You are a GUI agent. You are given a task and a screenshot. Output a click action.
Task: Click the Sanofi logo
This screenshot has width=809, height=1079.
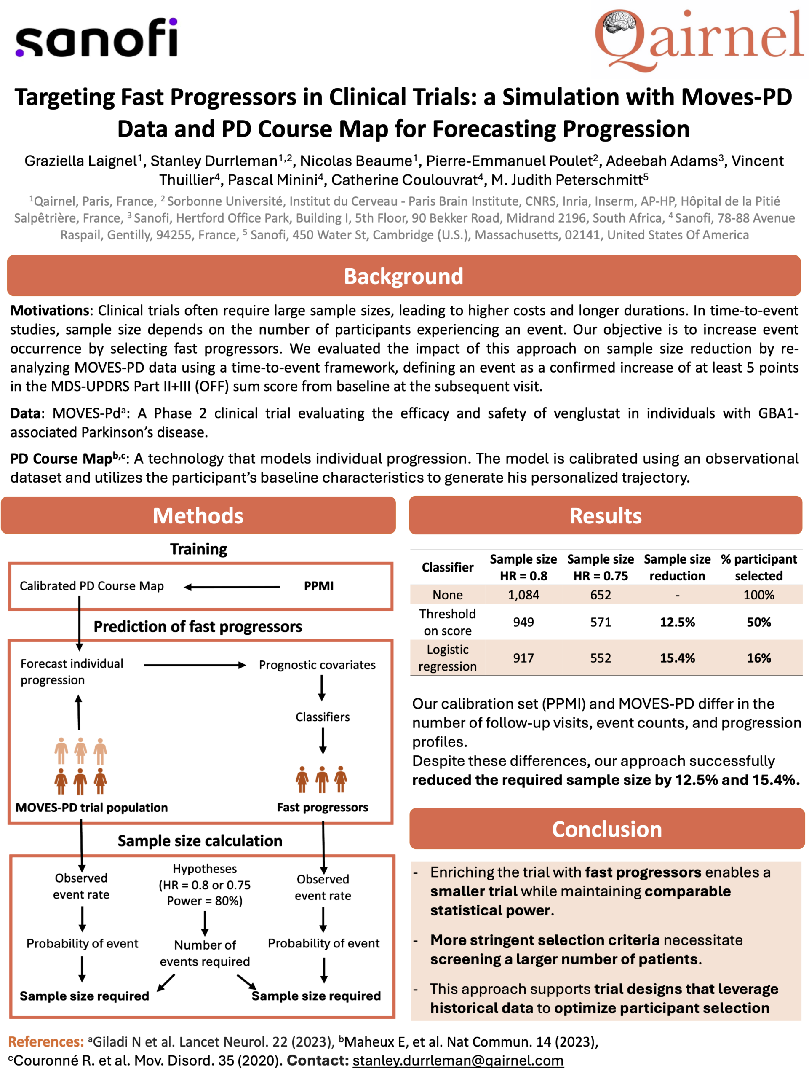point(96,38)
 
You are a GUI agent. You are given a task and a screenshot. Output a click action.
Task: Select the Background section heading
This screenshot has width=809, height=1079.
point(403,276)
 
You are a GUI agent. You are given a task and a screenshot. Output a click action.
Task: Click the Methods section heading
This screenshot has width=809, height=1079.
point(198,515)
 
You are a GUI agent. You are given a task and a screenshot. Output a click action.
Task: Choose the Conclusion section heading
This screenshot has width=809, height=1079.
point(607,829)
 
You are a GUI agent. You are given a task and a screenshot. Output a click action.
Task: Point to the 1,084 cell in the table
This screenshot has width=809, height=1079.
point(523,595)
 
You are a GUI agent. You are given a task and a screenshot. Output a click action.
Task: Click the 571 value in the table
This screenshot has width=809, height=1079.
point(601,622)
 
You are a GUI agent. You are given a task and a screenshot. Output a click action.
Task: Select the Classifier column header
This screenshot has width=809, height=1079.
point(447,567)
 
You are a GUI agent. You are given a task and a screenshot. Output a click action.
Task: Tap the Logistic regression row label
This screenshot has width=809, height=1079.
point(447,658)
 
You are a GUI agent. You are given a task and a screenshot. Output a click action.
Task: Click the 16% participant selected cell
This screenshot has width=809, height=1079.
point(759,658)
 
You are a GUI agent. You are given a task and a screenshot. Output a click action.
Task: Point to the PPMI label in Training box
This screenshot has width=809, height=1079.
point(319,586)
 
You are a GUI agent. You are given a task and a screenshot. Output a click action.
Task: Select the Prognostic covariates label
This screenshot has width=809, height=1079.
point(317,665)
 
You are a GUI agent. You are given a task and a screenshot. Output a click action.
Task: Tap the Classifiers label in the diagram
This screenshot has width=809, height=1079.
point(323,717)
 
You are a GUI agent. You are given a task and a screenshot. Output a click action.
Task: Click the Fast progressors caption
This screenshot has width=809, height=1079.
point(323,807)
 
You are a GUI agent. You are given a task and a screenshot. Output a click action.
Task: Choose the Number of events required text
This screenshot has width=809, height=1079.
point(205,953)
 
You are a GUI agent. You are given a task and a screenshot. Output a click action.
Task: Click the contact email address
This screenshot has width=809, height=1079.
point(458,1060)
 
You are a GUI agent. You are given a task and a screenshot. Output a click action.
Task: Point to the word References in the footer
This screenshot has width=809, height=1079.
point(46,1042)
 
